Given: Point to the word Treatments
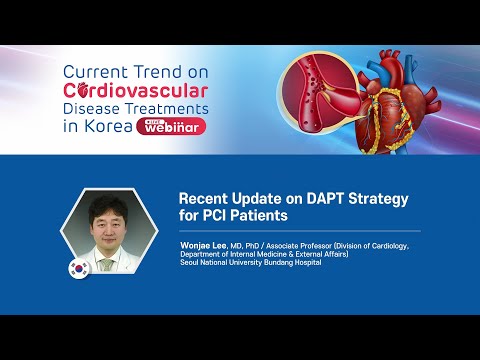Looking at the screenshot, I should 164,107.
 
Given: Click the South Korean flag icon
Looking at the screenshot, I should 77,269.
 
